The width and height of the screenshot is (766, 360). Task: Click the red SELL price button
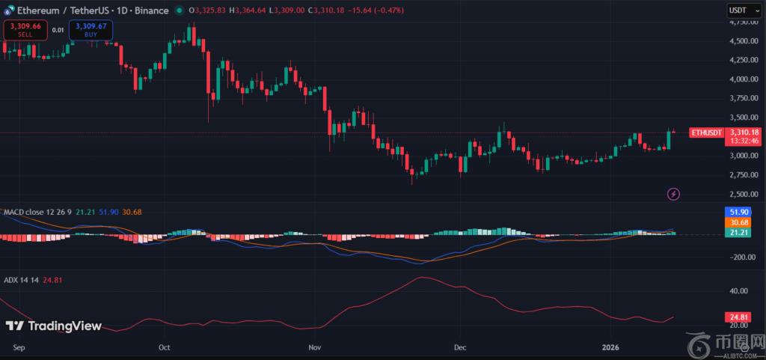25,30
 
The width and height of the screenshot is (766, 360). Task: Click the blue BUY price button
91,30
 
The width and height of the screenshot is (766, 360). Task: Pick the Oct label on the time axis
165,347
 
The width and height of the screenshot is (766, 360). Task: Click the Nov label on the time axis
314,347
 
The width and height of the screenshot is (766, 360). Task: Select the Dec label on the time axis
460,347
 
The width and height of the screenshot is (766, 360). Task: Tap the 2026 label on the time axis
610,347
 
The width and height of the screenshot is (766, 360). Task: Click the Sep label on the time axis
19,347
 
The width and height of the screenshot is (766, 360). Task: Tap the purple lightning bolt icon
673,194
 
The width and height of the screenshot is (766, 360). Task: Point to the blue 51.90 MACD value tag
738,212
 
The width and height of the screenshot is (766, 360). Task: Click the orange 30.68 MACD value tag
738,222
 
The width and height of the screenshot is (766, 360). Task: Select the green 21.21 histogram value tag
738,234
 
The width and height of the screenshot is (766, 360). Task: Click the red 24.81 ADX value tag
738,316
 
